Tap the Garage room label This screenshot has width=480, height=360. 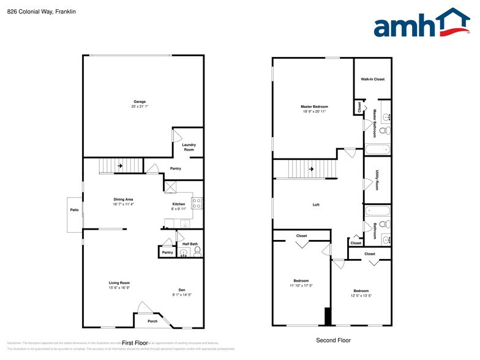pos(140,102)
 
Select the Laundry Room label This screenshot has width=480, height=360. pos(189,147)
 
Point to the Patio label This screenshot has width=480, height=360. pos(74,209)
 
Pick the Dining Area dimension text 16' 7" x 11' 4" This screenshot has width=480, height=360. pos(123,204)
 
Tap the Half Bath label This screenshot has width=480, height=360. pos(190,244)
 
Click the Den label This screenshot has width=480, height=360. pos(182,290)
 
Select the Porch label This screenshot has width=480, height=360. pos(152,321)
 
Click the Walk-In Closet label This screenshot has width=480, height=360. pos(372,80)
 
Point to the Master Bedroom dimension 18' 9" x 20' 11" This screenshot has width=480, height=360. pos(314,111)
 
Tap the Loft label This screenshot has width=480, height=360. pos(316,204)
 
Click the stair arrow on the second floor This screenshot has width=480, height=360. pos(311,169)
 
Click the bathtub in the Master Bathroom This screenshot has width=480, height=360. pos(377,148)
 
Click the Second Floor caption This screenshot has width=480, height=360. pos(333,340)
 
